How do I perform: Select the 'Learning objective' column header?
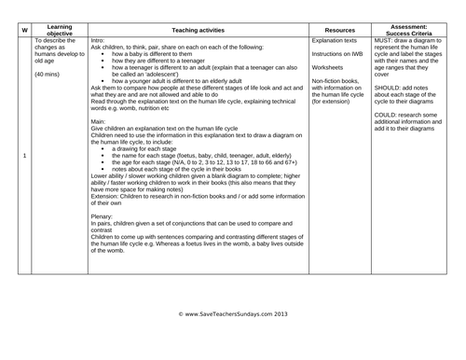pos(61,31)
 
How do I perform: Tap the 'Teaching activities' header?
pos(198,31)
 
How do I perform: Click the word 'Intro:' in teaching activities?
pos(100,41)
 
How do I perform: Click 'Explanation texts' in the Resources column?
pos(337,41)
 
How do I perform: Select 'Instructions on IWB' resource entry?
pos(341,54)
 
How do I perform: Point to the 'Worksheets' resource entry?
pos(329,67)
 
